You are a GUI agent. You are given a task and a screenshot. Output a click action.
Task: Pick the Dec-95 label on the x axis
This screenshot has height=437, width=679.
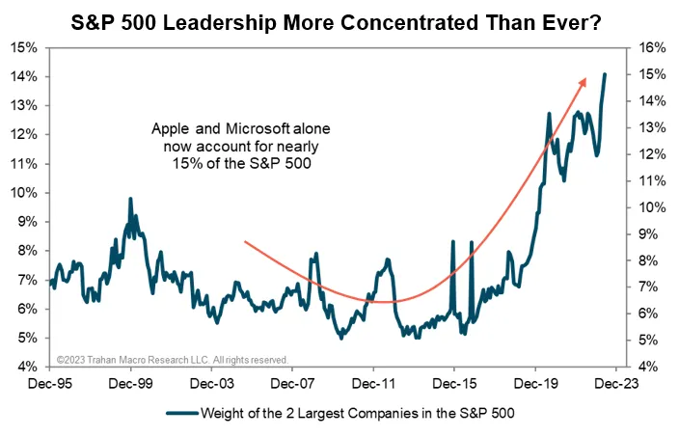(x=49, y=383)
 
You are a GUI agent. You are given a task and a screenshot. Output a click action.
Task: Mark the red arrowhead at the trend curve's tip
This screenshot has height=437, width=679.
(x=584, y=83)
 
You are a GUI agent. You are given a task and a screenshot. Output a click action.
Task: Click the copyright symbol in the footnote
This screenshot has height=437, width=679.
(x=59, y=359)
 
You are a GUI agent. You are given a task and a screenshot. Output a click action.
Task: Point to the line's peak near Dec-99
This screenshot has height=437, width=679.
(x=129, y=199)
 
